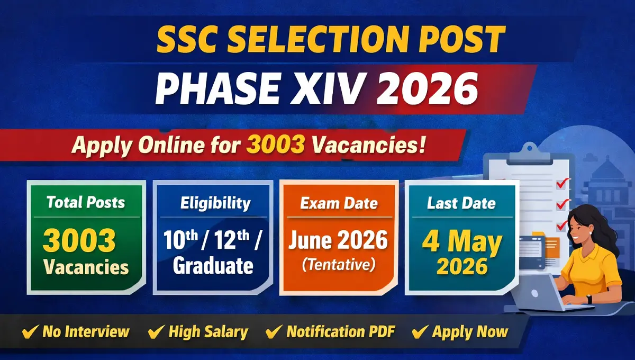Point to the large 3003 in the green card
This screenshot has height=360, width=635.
(x=79, y=241)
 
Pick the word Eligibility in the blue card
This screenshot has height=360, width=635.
(x=215, y=203)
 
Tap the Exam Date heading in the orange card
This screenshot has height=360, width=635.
(x=339, y=203)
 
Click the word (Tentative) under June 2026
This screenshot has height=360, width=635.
(x=338, y=265)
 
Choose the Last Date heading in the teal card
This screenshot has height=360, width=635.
(x=461, y=203)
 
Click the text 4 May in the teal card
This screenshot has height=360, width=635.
(x=462, y=243)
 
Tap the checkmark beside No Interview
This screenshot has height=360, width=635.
(x=30, y=332)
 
